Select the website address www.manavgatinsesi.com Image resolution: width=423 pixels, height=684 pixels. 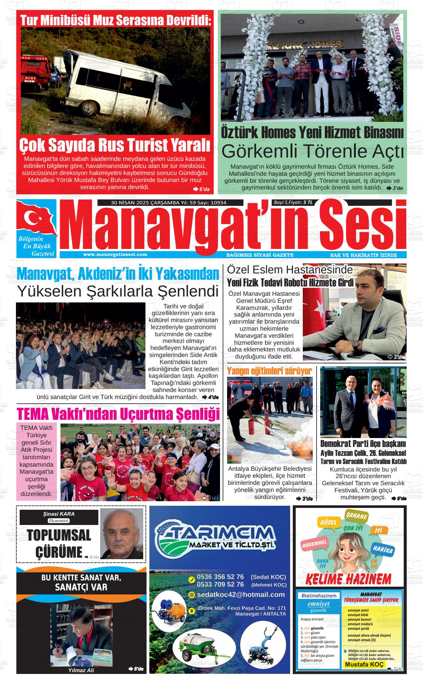point(115,255)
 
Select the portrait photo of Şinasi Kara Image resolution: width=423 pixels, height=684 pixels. point(122,534)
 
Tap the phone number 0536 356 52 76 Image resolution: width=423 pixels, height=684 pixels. point(220,577)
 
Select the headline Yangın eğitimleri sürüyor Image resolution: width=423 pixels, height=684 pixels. point(269,371)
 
